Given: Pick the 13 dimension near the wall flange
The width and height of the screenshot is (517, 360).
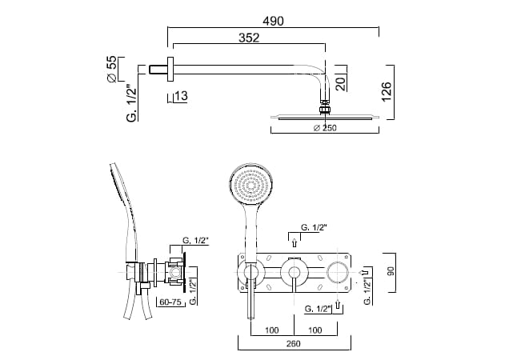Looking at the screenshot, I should (181, 97).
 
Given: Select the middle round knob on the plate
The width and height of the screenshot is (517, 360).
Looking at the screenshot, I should (294, 273).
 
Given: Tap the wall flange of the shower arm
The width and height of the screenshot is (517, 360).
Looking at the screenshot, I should (170, 70).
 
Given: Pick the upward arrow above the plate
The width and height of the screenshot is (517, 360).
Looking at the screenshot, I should (294, 242).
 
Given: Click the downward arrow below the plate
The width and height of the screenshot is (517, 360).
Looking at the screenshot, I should (339, 305).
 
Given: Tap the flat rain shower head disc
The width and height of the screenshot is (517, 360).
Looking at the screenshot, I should (324, 118).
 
